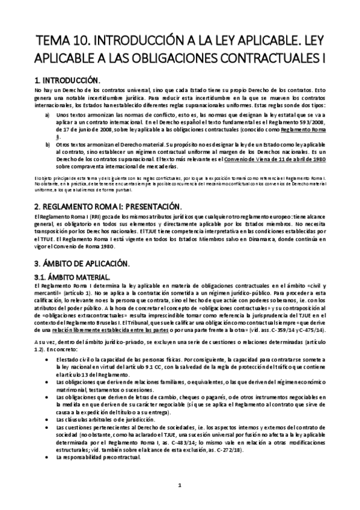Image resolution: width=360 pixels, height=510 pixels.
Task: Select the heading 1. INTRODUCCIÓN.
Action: click(x=67, y=79)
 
